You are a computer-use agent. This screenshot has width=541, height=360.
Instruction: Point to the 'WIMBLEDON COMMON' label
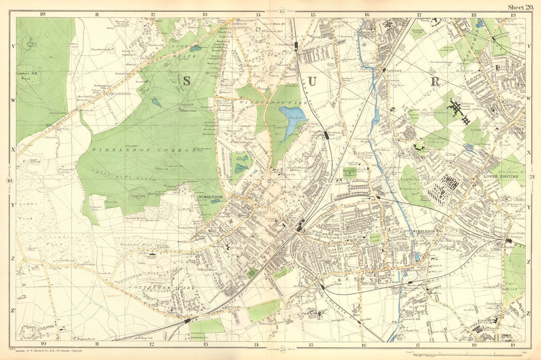(143, 149)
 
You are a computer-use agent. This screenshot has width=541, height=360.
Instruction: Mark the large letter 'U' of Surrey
(313, 82)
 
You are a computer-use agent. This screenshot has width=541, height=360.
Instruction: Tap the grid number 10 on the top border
(42, 14)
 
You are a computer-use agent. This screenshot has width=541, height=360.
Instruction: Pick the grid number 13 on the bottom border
(206, 344)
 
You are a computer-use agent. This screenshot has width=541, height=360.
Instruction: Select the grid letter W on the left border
(13, 100)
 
